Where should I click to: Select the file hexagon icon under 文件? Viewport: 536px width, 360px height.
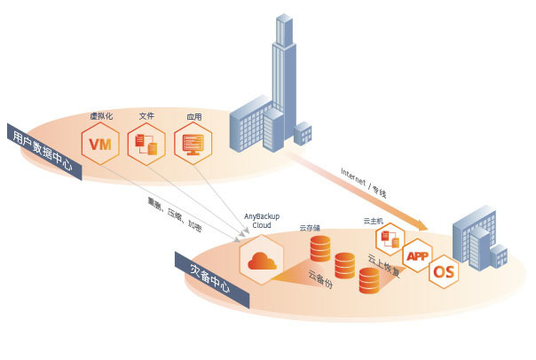(146, 145)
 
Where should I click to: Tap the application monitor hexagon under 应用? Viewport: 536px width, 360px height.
(193, 143)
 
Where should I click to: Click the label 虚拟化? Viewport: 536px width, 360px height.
(100, 118)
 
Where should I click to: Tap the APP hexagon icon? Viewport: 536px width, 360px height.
(417, 256)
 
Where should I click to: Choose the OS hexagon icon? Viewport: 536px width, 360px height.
(444, 270)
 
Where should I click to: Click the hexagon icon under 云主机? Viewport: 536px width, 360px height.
(390, 238)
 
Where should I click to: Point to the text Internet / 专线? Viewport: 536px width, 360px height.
(364, 180)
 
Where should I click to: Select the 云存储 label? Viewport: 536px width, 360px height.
(311, 228)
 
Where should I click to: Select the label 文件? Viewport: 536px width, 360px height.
(146, 116)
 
